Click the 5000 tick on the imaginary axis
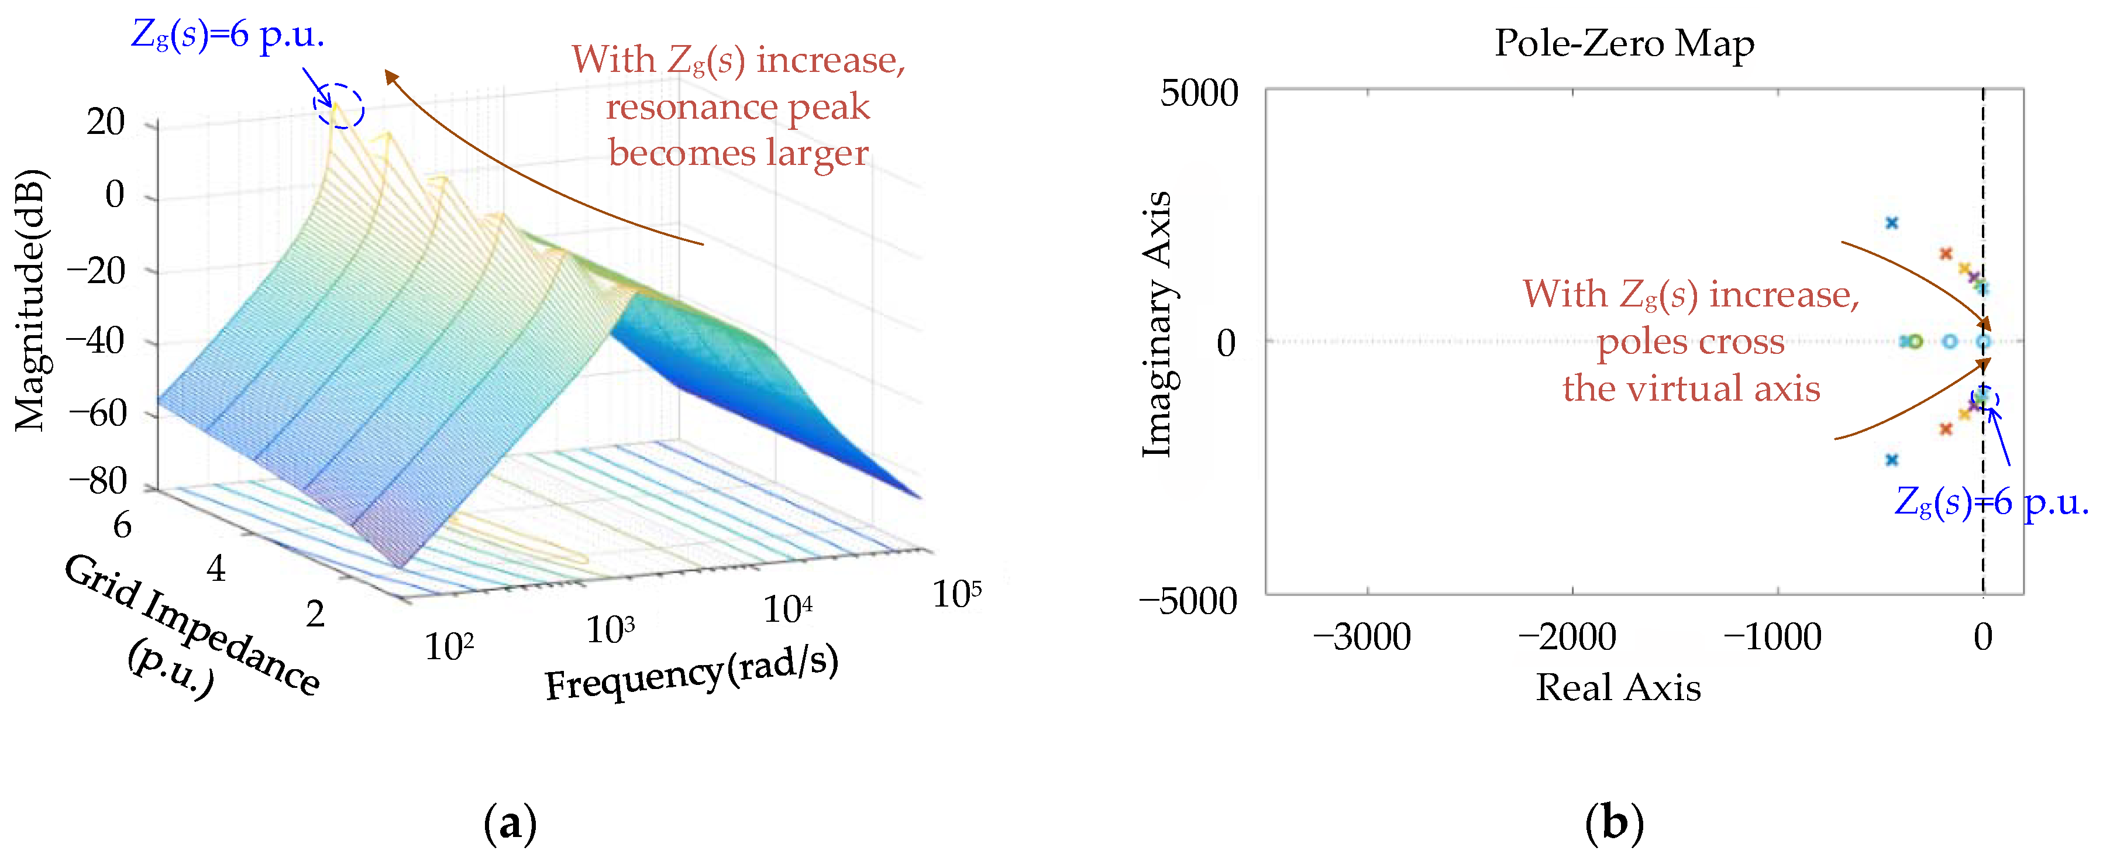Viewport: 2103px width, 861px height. click(1199, 93)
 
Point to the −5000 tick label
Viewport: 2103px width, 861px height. click(1188, 601)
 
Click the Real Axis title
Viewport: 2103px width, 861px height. click(1618, 687)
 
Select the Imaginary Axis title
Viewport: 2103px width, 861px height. click(1157, 325)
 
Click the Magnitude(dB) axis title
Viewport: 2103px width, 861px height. click(31, 300)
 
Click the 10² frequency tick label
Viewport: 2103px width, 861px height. click(449, 646)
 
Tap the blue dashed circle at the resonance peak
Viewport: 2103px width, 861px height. click(339, 106)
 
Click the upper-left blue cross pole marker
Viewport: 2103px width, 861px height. click(1892, 223)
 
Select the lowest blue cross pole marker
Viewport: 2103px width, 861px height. click(1892, 460)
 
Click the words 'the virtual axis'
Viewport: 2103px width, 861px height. click(1691, 388)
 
